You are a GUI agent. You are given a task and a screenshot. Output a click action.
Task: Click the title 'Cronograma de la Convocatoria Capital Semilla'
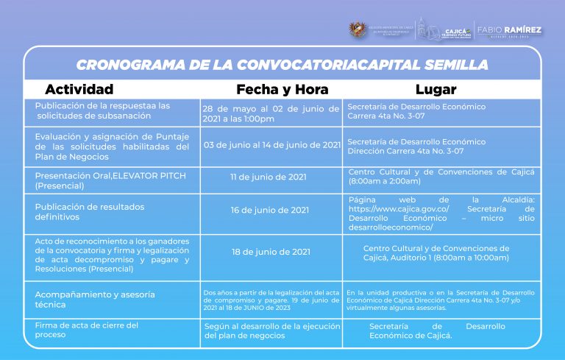coord(282,65)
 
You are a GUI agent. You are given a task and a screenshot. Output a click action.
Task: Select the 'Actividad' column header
coord(79,90)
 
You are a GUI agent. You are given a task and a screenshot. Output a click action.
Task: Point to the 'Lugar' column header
coord(436,90)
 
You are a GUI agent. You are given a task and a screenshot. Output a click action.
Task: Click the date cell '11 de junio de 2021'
coord(269,177)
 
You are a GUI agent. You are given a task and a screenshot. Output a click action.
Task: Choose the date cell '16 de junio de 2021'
coord(269,210)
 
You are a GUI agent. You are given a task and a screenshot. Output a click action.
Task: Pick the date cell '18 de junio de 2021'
coord(270,252)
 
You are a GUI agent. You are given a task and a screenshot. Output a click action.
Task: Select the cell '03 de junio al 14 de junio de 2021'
coord(271,145)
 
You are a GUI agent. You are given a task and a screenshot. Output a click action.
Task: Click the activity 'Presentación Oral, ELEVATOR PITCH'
coord(110,180)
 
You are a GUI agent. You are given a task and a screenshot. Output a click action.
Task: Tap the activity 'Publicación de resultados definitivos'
coord(90,211)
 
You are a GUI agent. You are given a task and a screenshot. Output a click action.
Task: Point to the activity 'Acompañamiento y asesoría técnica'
coord(95,299)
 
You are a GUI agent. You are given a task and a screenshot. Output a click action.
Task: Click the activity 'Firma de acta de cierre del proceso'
coord(87,330)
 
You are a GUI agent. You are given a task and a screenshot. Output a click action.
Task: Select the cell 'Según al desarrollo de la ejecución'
coord(271,331)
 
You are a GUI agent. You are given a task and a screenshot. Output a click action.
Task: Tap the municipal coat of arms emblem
coord(358,30)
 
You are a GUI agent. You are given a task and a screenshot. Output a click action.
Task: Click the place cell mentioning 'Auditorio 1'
coord(436,253)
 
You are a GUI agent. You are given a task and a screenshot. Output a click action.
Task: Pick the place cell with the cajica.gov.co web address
coord(441,213)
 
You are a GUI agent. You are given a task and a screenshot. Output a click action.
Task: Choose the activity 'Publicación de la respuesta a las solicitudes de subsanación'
coord(102,110)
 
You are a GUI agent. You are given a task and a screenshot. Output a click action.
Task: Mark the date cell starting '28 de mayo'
coord(271,113)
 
